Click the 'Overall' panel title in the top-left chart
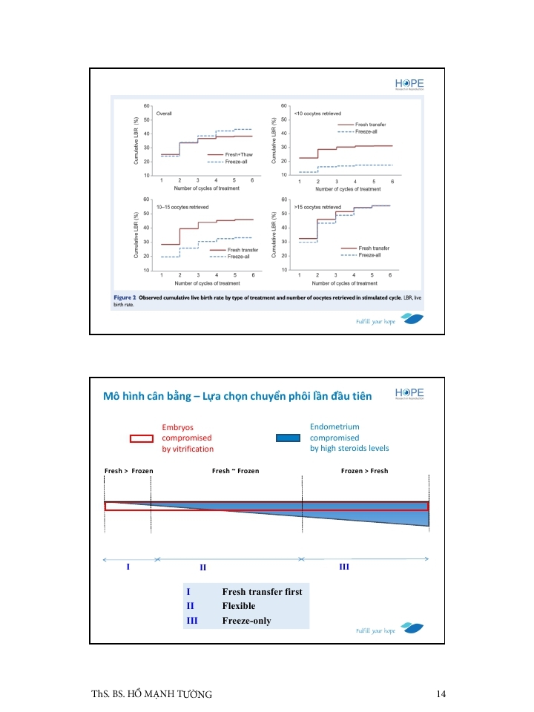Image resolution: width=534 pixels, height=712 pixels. pos(165,113)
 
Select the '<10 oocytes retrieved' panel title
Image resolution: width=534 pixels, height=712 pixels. pos(317,113)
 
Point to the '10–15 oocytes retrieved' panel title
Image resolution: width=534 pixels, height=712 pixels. pos(182,207)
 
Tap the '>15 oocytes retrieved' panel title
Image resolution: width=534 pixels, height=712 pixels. pos(317,207)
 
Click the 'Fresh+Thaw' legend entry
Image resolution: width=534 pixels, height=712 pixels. pos(240,154)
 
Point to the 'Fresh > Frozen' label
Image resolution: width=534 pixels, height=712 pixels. pos(129,471)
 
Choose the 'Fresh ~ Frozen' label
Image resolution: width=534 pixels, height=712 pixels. pos(235,471)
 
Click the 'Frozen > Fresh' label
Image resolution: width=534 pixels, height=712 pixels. pos(364,471)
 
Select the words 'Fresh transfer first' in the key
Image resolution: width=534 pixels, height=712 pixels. pos(262,592)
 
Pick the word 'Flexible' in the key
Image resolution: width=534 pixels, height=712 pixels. pos(238,606)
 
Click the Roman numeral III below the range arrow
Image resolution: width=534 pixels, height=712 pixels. pos(343,567)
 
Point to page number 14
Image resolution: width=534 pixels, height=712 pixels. pos(441,693)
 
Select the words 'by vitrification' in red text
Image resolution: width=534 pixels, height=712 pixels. pos(188,449)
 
